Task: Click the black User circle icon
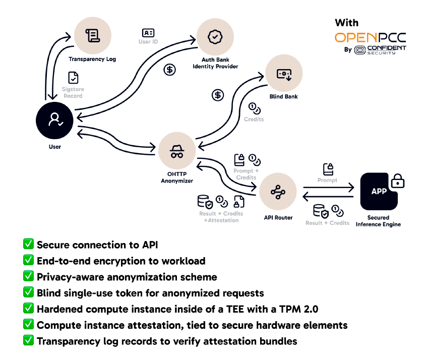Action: point(54,120)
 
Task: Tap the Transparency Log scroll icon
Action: point(92,35)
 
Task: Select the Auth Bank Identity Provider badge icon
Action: point(215,37)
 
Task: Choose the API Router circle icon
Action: point(276,192)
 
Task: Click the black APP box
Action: point(379,192)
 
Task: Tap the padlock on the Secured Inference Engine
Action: point(398,180)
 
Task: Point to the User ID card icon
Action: point(148,33)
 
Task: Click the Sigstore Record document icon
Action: point(74,78)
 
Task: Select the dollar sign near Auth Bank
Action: point(170,70)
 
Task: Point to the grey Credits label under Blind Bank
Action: point(254,119)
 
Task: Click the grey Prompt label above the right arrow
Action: point(328,180)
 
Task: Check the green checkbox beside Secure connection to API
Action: point(29,245)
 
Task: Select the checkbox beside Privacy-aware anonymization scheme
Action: point(29,277)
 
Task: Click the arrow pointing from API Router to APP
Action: point(328,188)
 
